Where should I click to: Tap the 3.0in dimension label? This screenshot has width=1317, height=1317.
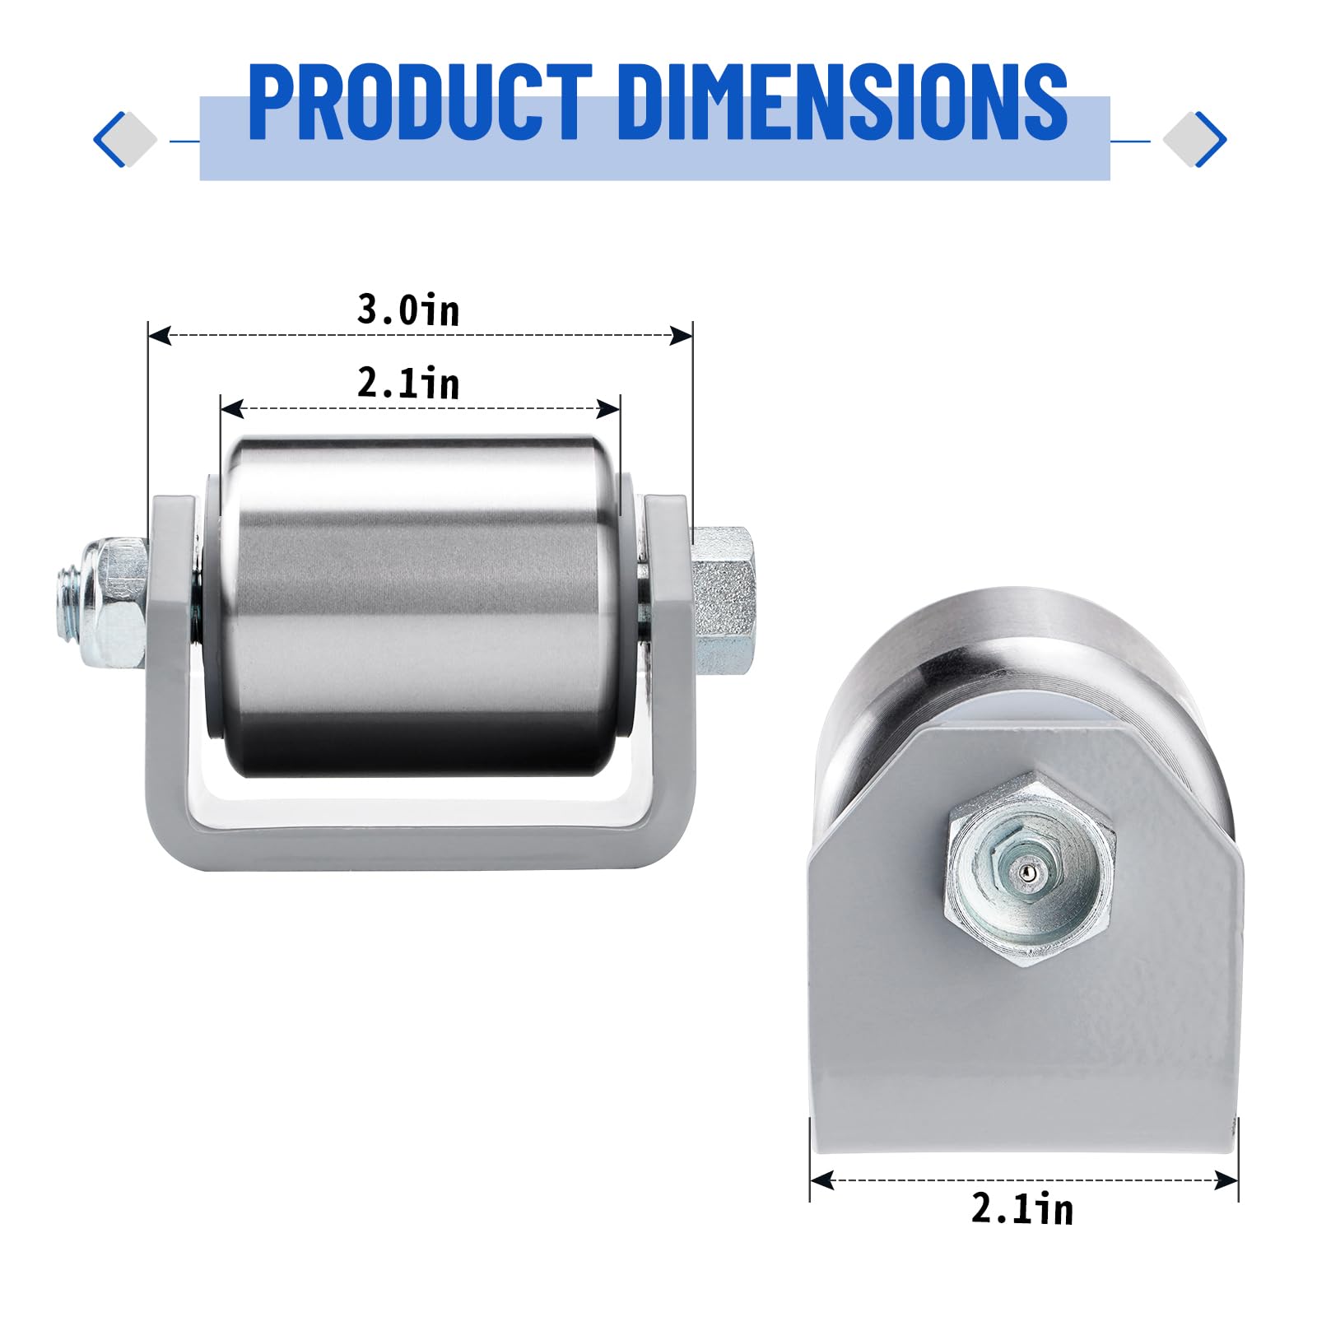point(408,310)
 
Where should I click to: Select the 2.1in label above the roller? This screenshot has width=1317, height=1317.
point(408,384)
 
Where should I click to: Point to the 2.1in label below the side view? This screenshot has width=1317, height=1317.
point(1022,1209)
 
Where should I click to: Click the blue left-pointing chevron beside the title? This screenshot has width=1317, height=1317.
point(110,139)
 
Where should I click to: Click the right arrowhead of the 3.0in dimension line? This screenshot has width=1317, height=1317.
point(681,335)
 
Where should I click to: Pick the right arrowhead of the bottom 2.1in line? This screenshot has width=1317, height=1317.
point(1226,1180)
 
